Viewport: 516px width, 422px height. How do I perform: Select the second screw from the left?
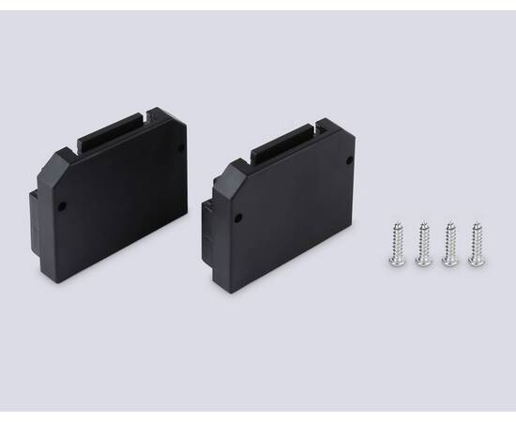coord(424,243)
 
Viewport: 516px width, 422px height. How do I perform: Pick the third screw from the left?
coord(449,243)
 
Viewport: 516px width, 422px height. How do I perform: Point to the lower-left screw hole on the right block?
coord(235,218)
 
